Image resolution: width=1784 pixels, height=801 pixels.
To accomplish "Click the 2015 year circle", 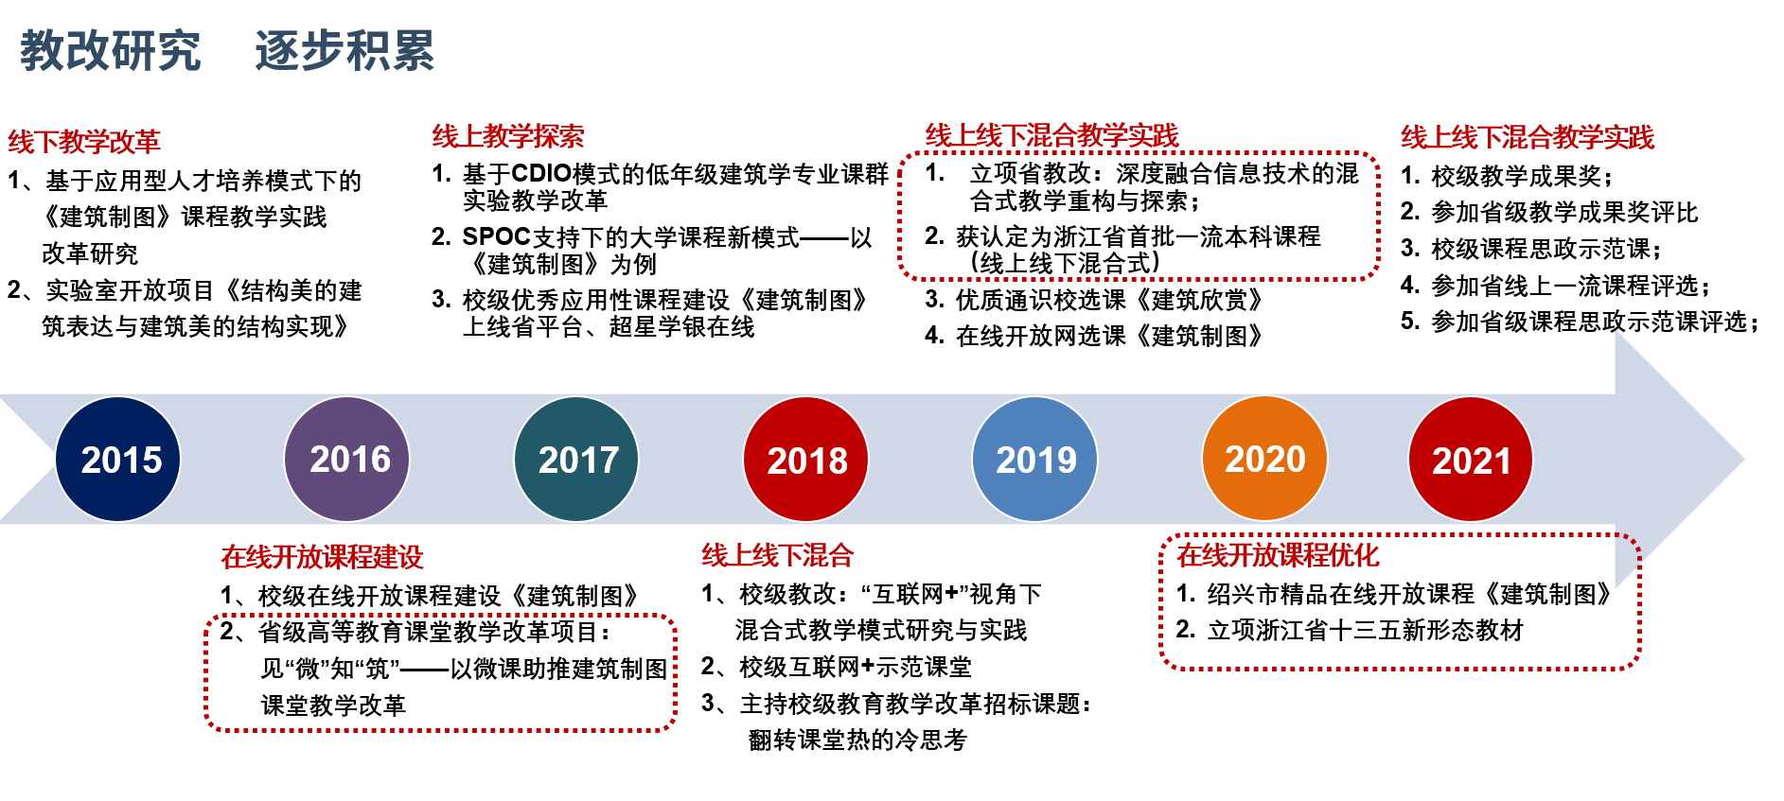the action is pos(118,459).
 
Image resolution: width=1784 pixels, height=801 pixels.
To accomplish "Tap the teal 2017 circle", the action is pos(576,459).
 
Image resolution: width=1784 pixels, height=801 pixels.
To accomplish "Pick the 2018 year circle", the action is pos(805,459).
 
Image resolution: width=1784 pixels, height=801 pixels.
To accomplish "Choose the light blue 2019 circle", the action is pos(1035,459).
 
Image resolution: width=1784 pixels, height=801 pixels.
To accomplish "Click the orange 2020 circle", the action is pos(1264,459).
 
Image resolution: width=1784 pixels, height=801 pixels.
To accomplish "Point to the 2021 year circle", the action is pos(1471,459).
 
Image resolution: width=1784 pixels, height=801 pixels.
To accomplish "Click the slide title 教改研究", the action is pos(111,50).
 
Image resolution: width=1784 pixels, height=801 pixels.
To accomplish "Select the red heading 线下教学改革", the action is pos(84,142).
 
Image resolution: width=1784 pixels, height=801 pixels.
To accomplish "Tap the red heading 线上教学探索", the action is pos(508,136).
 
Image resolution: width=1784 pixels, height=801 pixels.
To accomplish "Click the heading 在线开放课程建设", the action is pos(322,557).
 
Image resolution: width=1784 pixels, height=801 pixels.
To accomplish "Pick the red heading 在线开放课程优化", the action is pos(1278,555).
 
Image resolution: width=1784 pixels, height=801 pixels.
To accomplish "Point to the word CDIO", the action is pos(541,174).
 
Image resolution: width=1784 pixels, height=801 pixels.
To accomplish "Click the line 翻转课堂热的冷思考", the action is pos(857,740).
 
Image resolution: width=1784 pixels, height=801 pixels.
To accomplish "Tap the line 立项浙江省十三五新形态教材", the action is pos(1365,630).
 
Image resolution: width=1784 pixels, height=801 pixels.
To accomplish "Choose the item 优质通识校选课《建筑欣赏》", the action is pos(1109,300).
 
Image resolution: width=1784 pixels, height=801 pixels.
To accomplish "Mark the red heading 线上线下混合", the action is pos(777,555).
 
